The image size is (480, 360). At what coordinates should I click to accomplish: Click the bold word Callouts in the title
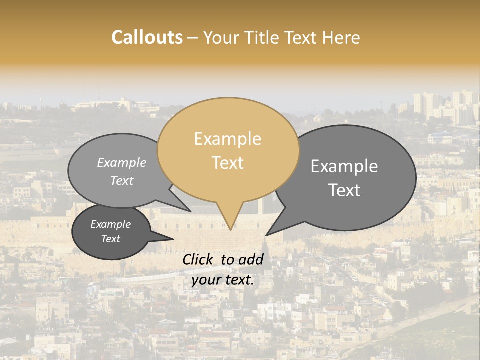coord(147,37)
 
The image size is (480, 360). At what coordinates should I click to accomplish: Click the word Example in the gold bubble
coord(227,139)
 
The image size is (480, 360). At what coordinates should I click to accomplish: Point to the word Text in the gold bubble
coord(227,163)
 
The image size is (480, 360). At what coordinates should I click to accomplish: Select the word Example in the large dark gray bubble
coord(344,166)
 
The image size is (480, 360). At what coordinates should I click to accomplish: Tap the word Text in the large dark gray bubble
coord(344,190)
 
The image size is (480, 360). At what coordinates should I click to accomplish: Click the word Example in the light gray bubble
coord(122,162)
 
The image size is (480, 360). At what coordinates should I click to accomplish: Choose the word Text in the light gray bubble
coord(122,180)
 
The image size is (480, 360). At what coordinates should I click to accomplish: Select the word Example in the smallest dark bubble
coord(110,224)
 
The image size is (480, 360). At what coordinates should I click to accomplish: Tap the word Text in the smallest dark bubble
coord(110,239)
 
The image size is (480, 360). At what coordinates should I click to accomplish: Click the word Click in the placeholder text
coord(199,259)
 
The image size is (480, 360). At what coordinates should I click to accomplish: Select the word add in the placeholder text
coord(251,259)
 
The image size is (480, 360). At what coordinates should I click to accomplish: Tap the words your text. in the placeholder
coord(223,280)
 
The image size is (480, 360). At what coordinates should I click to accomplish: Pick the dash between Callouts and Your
coord(193,38)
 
